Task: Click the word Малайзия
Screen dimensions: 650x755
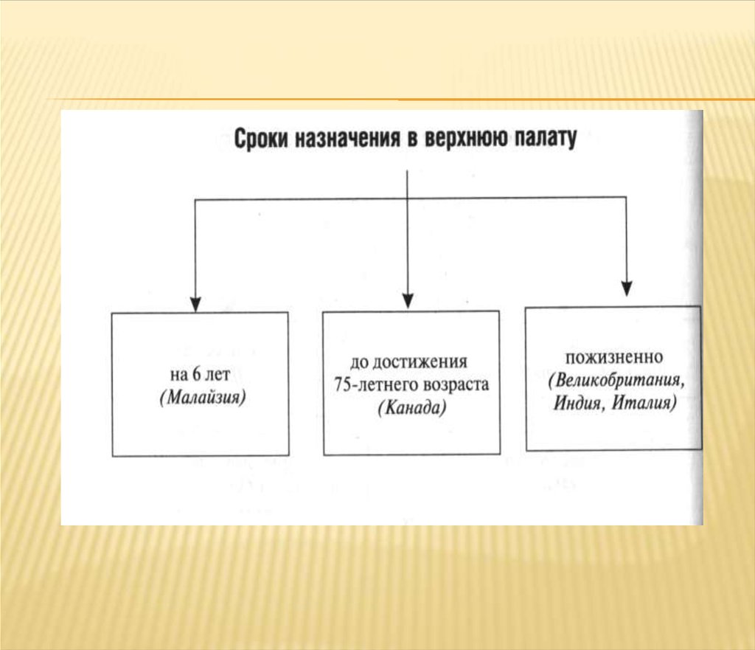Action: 201,398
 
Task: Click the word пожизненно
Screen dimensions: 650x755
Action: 614,357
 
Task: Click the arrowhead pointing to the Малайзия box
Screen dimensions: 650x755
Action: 195,303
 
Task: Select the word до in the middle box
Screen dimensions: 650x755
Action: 358,363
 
